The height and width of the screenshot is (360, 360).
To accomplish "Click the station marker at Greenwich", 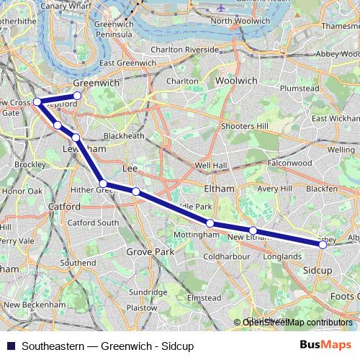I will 77,95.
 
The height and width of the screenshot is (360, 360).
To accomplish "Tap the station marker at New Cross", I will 37,102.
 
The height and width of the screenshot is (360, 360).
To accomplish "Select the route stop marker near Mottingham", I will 210,223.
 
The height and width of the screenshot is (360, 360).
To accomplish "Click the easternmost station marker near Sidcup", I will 323,245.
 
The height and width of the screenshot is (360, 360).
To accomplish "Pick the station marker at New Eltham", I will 253,230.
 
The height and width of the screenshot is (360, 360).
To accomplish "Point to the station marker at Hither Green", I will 104,184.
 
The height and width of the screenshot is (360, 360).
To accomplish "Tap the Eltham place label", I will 220,189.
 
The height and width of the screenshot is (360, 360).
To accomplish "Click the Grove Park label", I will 150,252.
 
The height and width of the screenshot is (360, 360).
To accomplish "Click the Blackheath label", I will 124,135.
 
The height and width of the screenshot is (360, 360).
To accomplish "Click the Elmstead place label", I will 204,297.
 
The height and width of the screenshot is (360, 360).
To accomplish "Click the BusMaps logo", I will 325,345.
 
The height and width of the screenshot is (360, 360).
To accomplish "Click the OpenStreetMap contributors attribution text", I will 299,322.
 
